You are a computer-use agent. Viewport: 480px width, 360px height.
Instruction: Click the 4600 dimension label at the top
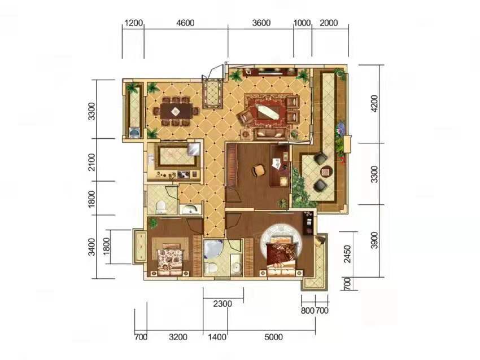[186, 23]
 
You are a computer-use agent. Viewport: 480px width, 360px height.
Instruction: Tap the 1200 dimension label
[134, 23]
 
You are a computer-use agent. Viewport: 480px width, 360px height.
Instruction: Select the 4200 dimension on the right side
[374, 103]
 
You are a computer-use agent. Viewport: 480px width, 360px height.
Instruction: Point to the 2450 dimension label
[347, 254]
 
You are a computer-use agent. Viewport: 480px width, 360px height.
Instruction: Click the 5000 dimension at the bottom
[273, 337]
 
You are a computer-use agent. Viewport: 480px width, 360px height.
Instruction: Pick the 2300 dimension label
[222, 304]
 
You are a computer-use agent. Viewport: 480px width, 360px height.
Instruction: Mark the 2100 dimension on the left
[91, 163]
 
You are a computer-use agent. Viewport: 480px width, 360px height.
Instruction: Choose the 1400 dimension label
[217, 337]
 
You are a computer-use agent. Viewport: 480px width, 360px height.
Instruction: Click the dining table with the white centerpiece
[177, 111]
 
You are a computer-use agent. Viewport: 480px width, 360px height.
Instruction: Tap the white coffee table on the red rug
[268, 112]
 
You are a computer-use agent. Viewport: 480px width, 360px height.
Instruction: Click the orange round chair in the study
[259, 170]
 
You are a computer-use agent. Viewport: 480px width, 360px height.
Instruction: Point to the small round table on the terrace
[326, 172]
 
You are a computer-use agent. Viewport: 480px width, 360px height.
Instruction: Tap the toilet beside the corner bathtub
[211, 268]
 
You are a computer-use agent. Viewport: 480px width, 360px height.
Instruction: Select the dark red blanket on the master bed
[281, 253]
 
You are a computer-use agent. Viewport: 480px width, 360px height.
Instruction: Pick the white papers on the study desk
[276, 163]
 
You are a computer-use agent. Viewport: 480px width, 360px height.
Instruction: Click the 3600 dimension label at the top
[261, 23]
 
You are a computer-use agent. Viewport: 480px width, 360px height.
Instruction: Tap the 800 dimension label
[307, 310]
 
